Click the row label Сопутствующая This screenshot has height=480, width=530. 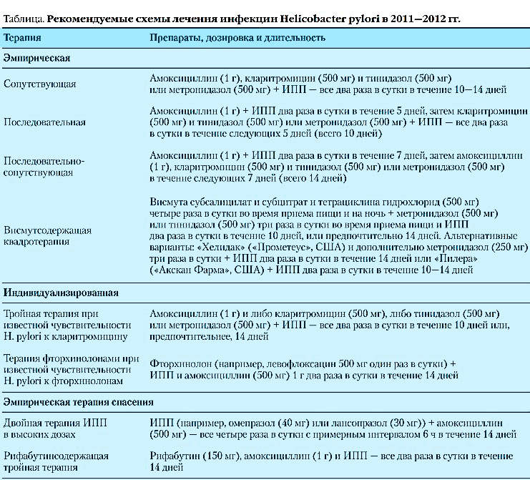click(x=40, y=84)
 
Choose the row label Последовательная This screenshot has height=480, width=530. click(x=45, y=122)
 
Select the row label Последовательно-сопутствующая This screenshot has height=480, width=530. click(x=44, y=167)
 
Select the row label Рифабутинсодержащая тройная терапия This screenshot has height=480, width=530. click(x=56, y=461)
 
